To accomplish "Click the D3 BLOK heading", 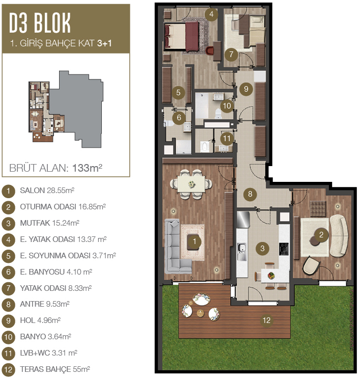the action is tap(40, 23).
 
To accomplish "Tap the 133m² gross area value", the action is tap(87, 168).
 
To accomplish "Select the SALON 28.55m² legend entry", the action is tap(47, 191).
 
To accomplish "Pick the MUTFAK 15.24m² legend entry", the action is tap(49, 223).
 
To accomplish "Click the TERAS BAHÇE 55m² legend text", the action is tap(55, 369).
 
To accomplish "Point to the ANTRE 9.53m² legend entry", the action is tap(45, 304).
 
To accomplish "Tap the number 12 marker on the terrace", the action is tap(266, 320).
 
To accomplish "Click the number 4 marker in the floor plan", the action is tap(211, 14).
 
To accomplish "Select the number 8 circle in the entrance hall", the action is tap(250, 194).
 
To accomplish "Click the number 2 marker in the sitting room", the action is tap(321, 234).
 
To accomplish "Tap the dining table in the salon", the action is tap(191, 184).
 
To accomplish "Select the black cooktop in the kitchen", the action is tap(284, 249).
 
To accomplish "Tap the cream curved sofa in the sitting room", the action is tap(338, 235).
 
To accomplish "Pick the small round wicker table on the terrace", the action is tap(200, 313).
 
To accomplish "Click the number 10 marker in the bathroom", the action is tap(227, 105).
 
